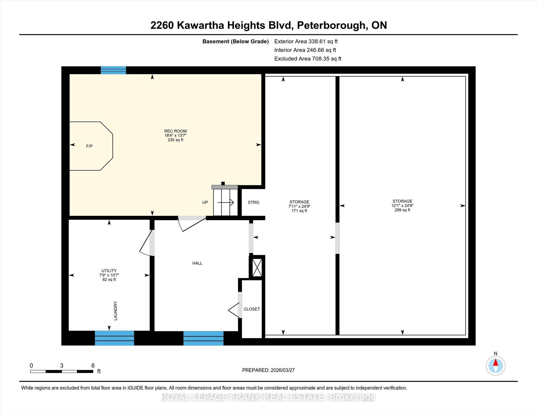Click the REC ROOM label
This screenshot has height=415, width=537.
pyautogui.click(x=175, y=131)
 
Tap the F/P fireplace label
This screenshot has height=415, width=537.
pyautogui.click(x=89, y=146)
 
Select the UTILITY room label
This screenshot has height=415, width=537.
pyautogui.click(x=109, y=271)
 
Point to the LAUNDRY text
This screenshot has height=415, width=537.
pyautogui.click(x=115, y=311)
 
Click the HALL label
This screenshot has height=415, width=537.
pyautogui.click(x=197, y=263)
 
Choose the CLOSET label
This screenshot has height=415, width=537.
pyautogui.click(x=252, y=309)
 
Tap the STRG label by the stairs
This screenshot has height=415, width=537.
pyautogui.click(x=254, y=202)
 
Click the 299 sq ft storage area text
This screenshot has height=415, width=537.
pyautogui.click(x=402, y=210)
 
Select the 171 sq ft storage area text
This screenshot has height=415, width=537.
pyautogui.click(x=299, y=211)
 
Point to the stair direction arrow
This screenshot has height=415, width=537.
pyautogui.click(x=225, y=202)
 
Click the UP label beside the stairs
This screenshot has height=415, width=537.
pyautogui.click(x=205, y=202)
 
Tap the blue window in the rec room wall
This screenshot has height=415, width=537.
pyautogui.click(x=114, y=70)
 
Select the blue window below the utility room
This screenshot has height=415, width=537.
pyautogui.click(x=114, y=338)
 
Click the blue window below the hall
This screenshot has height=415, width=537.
pyautogui.click(x=203, y=338)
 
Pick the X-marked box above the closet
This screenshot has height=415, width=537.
pyautogui.click(x=257, y=268)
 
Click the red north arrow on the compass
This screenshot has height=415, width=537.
pyautogui.click(x=496, y=363)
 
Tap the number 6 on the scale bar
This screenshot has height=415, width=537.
pyautogui.click(x=93, y=365)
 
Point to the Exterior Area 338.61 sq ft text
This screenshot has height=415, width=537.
pyautogui.click(x=306, y=41)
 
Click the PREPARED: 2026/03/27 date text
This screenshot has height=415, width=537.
pyautogui.click(x=268, y=370)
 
